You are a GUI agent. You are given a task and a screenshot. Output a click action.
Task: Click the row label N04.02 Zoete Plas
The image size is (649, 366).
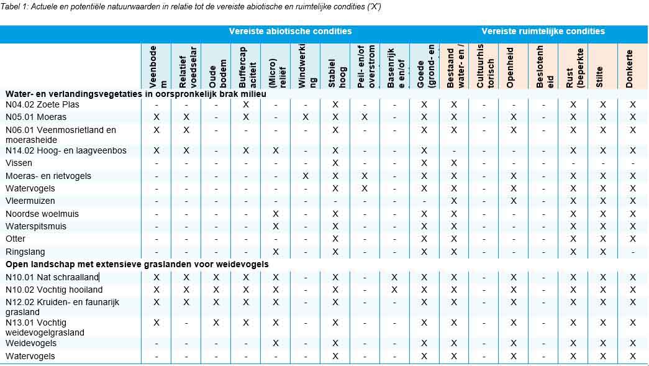point(42,104)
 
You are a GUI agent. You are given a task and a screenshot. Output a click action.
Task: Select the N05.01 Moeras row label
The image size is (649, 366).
point(36,117)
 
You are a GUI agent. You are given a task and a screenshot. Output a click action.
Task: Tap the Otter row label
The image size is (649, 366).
point(16,239)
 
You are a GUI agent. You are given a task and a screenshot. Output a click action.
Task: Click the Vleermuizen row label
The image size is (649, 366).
point(30,201)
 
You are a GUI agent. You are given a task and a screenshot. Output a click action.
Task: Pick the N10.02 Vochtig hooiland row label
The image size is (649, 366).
point(54,290)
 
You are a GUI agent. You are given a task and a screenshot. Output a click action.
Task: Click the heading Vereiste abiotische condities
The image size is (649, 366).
point(290,31)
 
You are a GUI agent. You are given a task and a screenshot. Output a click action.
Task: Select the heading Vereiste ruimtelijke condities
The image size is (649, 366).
point(543,31)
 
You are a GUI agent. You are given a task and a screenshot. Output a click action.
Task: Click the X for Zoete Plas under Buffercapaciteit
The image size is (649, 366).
point(246,104)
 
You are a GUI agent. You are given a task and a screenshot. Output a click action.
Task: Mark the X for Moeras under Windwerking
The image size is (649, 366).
point(306,117)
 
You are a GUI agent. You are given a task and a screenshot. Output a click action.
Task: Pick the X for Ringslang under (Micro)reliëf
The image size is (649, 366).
point(276,252)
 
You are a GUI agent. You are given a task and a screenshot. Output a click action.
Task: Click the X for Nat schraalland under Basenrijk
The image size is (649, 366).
point(394,277)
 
